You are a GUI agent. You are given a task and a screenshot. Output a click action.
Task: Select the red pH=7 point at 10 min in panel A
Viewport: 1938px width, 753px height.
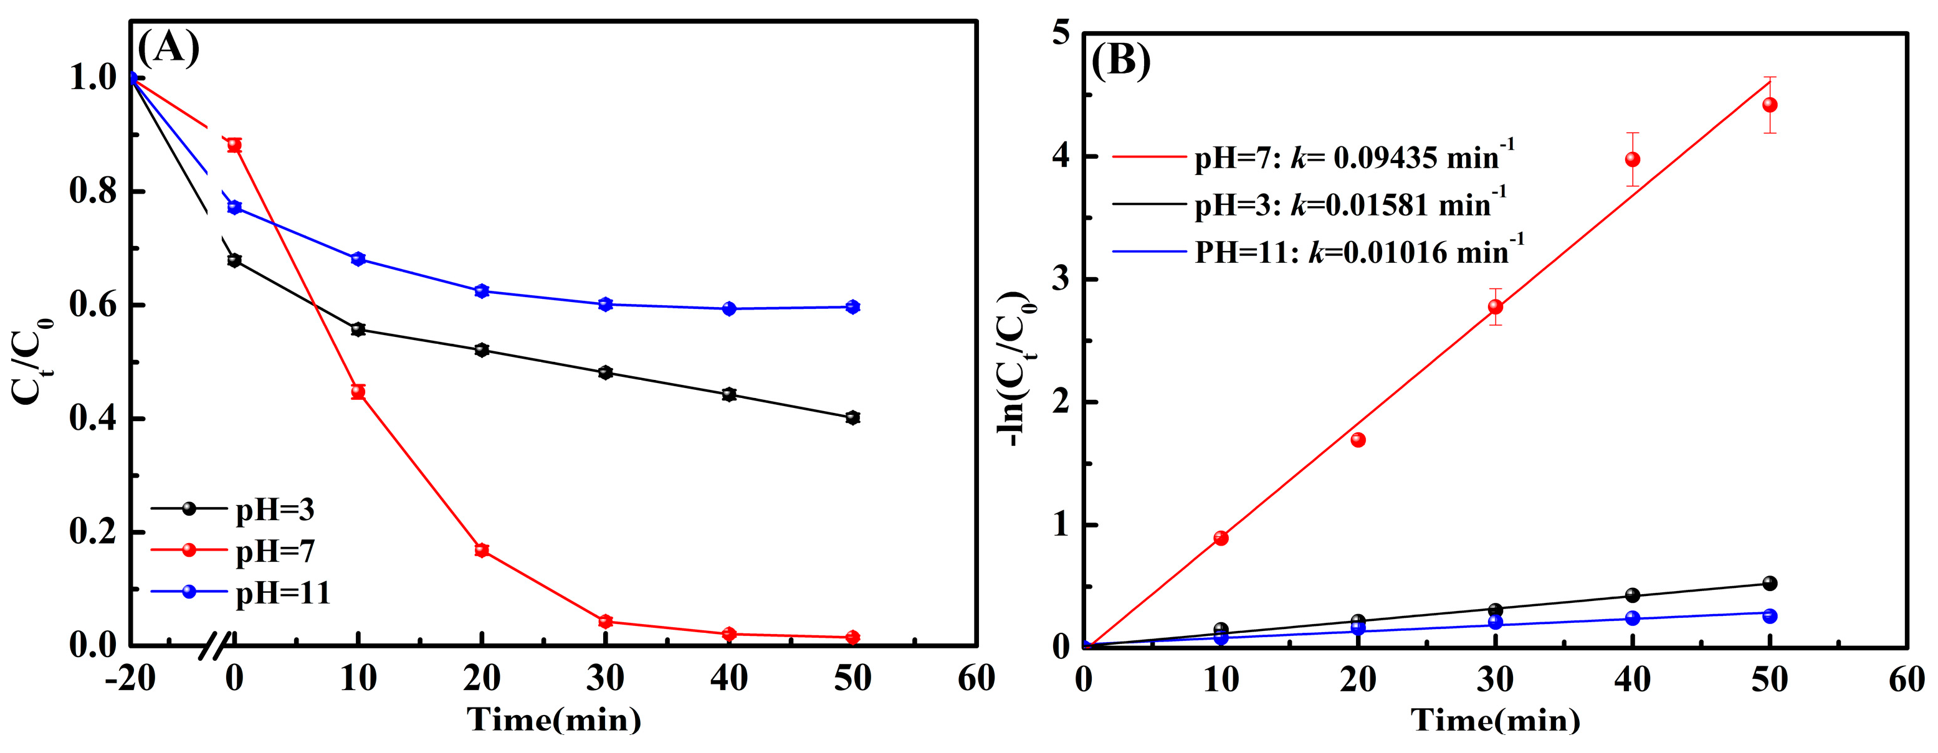coord(358,391)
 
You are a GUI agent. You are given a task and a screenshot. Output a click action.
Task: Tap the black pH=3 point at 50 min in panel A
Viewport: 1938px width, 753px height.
coord(852,417)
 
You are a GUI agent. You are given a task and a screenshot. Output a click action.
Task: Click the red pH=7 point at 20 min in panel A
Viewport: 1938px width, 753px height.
coord(482,550)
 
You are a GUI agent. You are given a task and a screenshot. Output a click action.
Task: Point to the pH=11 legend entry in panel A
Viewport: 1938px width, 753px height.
coord(282,593)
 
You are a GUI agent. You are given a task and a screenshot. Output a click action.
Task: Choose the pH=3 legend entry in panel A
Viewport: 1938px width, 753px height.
coord(275,509)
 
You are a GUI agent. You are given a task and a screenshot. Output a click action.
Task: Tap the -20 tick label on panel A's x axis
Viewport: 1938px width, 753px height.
coord(130,678)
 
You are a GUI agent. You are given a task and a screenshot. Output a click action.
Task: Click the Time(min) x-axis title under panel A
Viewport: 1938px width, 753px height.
coord(554,720)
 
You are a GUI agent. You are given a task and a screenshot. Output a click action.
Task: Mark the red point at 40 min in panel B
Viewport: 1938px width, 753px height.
coord(1632,159)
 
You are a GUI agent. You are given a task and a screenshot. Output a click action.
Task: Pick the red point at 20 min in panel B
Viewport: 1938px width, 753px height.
coord(1358,440)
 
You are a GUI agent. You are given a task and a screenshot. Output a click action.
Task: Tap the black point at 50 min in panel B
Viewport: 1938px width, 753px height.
coord(1770,583)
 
